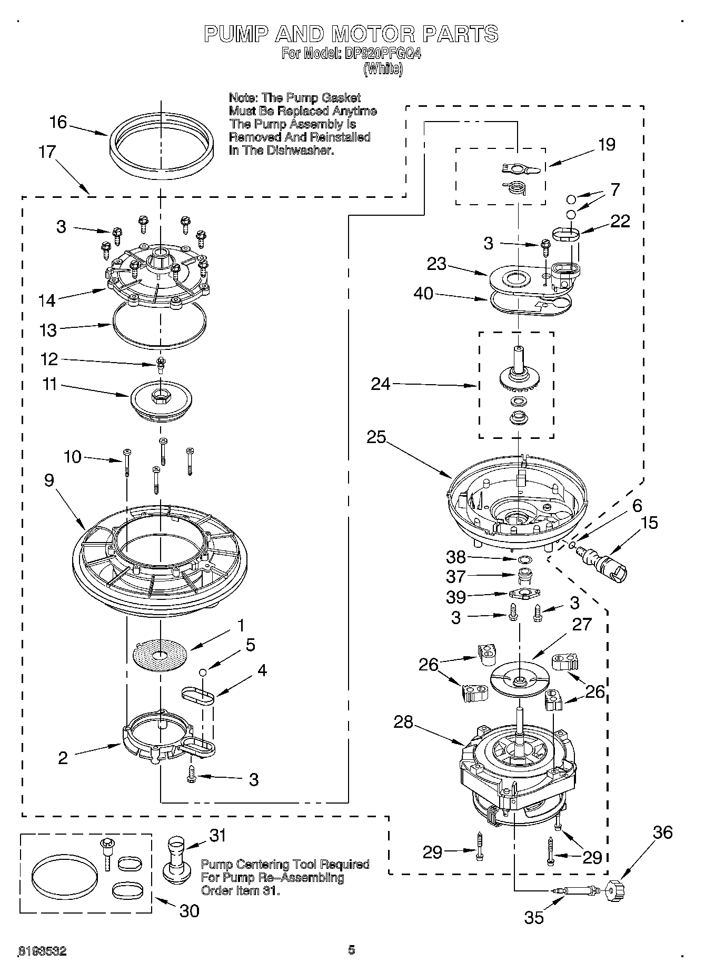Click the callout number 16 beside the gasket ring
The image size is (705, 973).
(x=58, y=123)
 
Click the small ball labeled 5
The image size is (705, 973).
(x=202, y=673)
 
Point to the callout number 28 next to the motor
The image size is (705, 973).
(x=403, y=722)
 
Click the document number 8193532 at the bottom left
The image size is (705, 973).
(x=42, y=951)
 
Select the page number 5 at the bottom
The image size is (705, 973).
(x=352, y=949)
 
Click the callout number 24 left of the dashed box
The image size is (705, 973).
(x=381, y=385)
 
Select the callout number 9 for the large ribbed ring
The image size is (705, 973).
(x=49, y=480)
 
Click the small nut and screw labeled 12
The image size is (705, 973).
(x=161, y=364)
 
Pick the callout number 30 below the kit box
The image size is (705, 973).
(x=190, y=911)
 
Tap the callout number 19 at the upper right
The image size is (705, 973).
(x=607, y=144)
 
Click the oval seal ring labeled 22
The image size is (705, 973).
(x=565, y=233)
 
